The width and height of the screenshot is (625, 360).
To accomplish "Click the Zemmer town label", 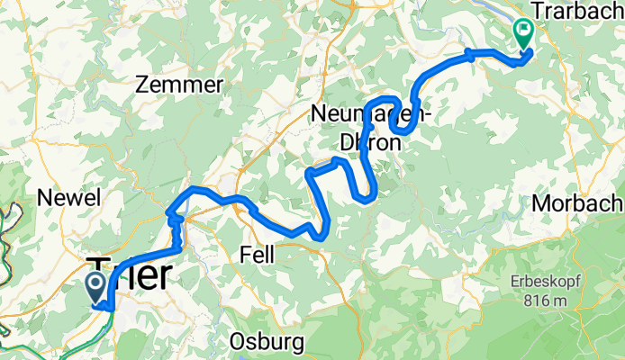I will tap(178, 85).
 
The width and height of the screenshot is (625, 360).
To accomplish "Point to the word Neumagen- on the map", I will tap(370, 114).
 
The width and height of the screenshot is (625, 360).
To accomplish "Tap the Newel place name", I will tap(68, 198).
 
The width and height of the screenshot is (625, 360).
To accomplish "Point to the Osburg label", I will tap(267, 342).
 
